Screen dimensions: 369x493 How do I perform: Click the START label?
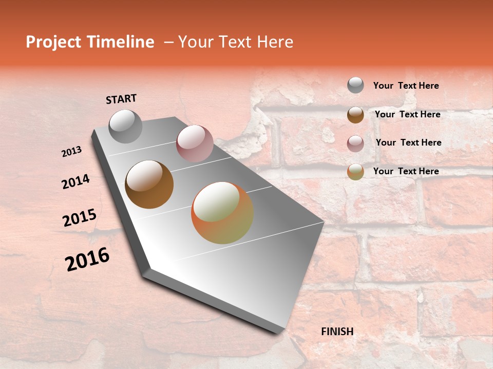pyautogui.click(x=121, y=99)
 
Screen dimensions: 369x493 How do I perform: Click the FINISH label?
pyautogui.click(x=337, y=332)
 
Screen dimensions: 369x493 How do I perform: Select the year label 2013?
pyautogui.click(x=71, y=152)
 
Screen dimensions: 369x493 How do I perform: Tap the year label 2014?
pyautogui.click(x=75, y=182)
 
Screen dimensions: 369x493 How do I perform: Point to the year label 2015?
pyautogui.click(x=80, y=218)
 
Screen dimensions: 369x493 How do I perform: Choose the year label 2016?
pyautogui.click(x=87, y=259)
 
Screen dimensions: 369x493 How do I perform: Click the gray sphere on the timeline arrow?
pyautogui.click(x=125, y=126)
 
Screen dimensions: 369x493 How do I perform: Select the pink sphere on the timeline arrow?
pyautogui.click(x=195, y=143)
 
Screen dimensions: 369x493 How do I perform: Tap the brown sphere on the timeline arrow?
pyautogui.click(x=149, y=184)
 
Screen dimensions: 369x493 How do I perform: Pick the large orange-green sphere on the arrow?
pyautogui.click(x=222, y=213)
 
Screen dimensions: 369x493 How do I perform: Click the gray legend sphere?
pyautogui.click(x=355, y=85)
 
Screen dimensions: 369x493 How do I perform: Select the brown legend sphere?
pyautogui.click(x=355, y=115)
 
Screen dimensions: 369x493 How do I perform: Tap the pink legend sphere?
pyautogui.click(x=355, y=143)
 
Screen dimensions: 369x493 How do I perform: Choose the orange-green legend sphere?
pyautogui.click(x=355, y=172)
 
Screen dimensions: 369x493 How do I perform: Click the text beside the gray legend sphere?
pyautogui.click(x=406, y=86)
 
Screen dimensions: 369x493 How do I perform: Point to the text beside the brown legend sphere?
pyautogui.click(x=407, y=114)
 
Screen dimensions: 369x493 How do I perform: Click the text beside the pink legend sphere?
pyautogui.click(x=408, y=142)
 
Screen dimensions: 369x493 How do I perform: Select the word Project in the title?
pyautogui.click(x=53, y=42)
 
